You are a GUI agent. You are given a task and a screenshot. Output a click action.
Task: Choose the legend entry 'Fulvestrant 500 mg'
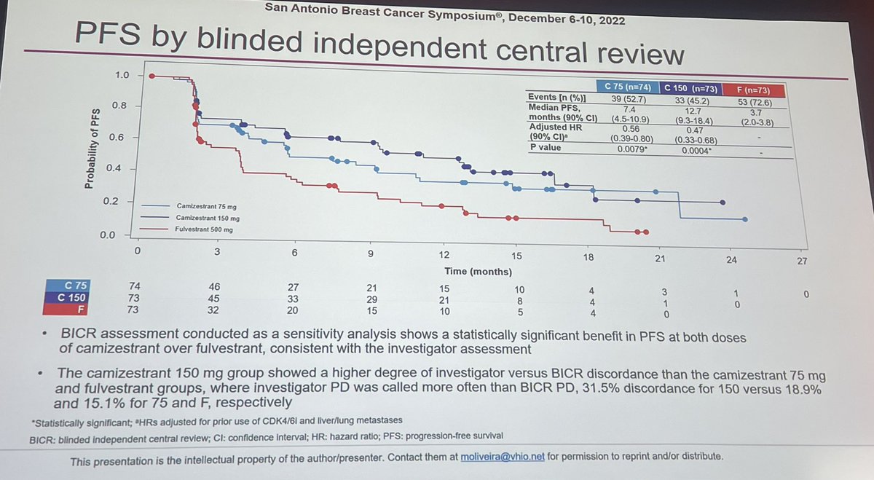pyautogui.click(x=206, y=229)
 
